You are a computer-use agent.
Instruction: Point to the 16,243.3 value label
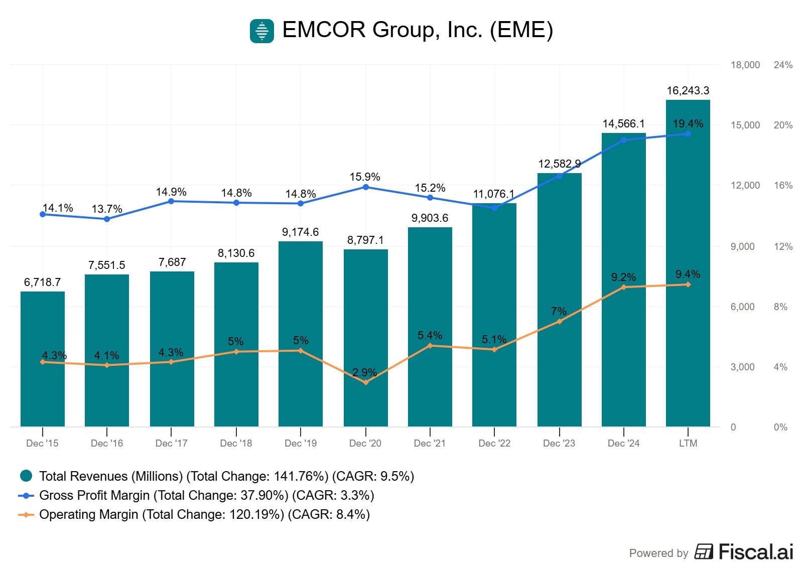(x=688, y=91)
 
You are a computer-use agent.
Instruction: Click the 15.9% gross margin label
(x=365, y=177)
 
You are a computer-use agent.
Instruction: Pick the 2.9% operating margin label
(x=364, y=372)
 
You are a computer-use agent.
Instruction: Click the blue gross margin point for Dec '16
(x=107, y=219)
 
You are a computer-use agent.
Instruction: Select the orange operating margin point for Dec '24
(x=624, y=287)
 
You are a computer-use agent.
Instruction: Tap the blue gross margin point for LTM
(x=688, y=134)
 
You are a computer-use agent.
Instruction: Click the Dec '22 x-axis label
(x=494, y=443)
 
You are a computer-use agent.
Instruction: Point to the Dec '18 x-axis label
(x=236, y=443)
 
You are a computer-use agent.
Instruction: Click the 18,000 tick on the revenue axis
(x=745, y=65)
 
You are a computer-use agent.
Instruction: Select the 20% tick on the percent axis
(x=783, y=125)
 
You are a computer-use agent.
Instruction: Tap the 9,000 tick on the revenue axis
(x=742, y=246)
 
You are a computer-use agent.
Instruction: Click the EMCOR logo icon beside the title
(x=262, y=31)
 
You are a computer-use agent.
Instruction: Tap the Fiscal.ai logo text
(x=755, y=552)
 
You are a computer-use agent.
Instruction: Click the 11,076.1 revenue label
(x=493, y=194)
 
